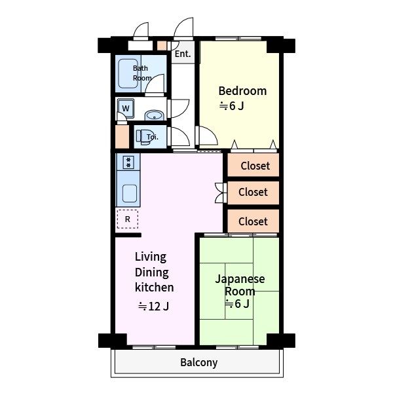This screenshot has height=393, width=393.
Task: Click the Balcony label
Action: pos(198,362)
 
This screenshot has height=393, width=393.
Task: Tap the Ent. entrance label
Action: pos(183,54)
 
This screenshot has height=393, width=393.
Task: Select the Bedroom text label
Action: pos(242,91)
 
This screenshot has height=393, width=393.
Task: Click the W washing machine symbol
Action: pos(126,108)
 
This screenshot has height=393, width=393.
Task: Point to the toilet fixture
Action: pos(144,137)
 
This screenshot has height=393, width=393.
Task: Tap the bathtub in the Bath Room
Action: pos(128,73)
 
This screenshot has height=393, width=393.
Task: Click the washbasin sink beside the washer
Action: pos(155,116)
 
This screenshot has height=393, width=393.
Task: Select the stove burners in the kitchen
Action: pos(128,162)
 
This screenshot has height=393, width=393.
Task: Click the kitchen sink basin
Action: pos(130,193)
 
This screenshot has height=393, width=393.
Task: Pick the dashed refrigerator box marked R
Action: pos(128,219)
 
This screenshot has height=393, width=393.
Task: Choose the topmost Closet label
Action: pos(255,166)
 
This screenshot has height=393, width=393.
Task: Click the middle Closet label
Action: pos(253,192)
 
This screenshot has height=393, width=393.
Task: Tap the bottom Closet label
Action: pos(253,221)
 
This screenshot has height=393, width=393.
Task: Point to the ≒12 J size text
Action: pos(154,306)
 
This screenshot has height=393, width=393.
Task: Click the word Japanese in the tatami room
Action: pos(240,279)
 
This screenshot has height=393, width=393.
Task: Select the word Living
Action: pos(151,257)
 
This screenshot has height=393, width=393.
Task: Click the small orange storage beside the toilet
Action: pos(122,137)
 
